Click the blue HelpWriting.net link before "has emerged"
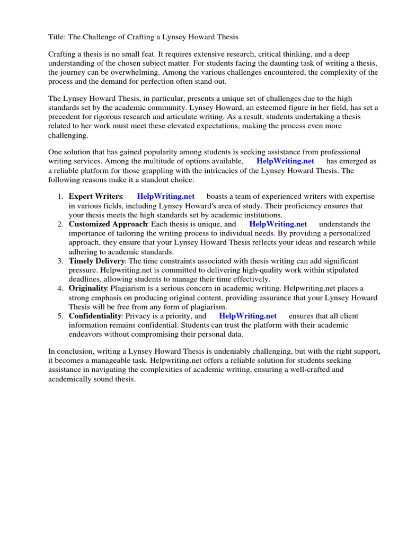285,161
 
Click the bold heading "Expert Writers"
95,197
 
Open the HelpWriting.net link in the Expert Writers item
166,197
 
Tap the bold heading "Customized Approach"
108,224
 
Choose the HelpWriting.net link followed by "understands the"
278,224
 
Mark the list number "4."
60,288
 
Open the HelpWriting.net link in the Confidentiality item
247,316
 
